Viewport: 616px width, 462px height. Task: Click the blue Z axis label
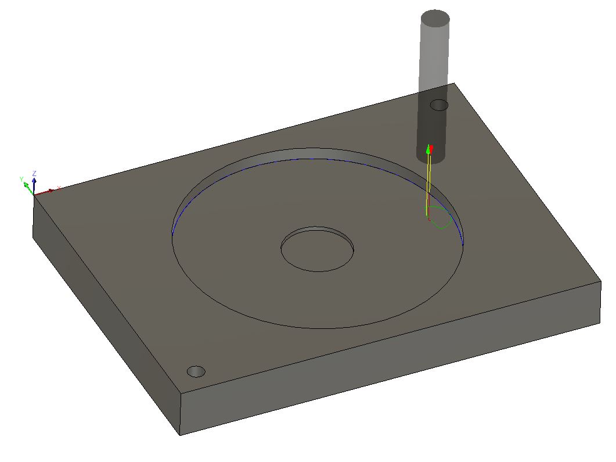click(35, 173)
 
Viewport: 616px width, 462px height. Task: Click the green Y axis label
click(21, 179)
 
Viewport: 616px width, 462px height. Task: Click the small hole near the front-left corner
click(196, 371)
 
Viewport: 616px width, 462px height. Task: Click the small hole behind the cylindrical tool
click(439, 105)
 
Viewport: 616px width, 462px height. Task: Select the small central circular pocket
click(317, 250)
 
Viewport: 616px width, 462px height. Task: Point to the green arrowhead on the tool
click(428, 150)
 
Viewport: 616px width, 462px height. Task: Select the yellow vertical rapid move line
click(428, 186)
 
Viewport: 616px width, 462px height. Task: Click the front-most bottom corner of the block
click(180, 434)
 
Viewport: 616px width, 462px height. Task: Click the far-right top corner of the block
click(601, 282)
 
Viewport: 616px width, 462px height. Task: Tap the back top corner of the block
click(454, 83)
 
